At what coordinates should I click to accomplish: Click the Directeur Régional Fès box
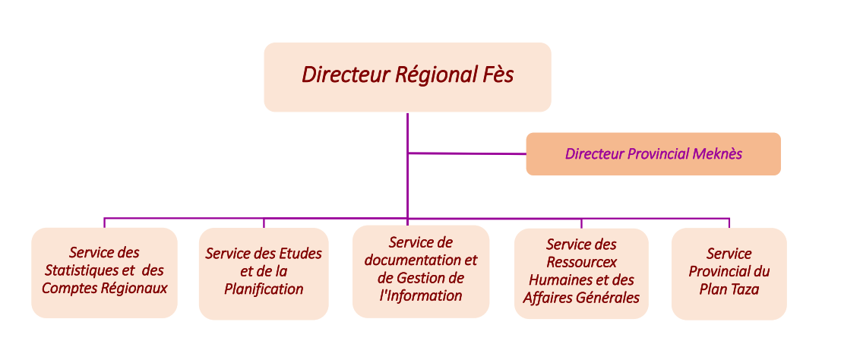(407, 77)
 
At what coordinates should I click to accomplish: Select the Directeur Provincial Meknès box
(653, 154)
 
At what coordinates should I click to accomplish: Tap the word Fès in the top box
(497, 74)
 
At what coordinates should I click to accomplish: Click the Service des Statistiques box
(104, 271)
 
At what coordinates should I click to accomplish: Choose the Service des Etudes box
(264, 272)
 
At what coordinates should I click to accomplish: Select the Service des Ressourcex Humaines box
(581, 272)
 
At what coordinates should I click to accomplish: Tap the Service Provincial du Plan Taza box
(729, 272)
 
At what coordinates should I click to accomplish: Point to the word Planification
(264, 289)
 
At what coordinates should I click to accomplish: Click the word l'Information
(421, 295)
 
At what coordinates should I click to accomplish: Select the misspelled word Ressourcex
(581, 262)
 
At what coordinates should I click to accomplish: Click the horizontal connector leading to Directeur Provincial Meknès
(466, 153)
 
